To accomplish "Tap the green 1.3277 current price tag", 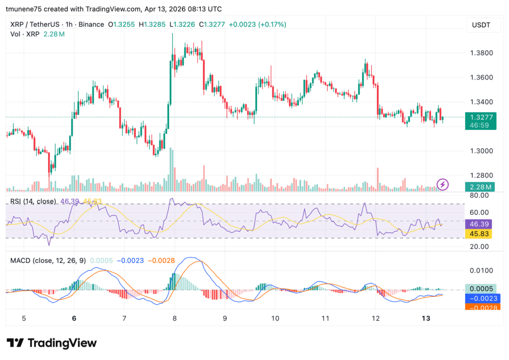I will tap(480, 117).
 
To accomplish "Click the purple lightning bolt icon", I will tap(442, 185).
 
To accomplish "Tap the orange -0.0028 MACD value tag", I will tap(480, 307).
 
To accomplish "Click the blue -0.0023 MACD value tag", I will tap(480, 298).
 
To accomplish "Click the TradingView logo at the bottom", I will tap(52, 343).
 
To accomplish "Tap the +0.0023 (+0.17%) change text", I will tap(257, 24).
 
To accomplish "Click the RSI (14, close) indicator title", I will tap(33, 201).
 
